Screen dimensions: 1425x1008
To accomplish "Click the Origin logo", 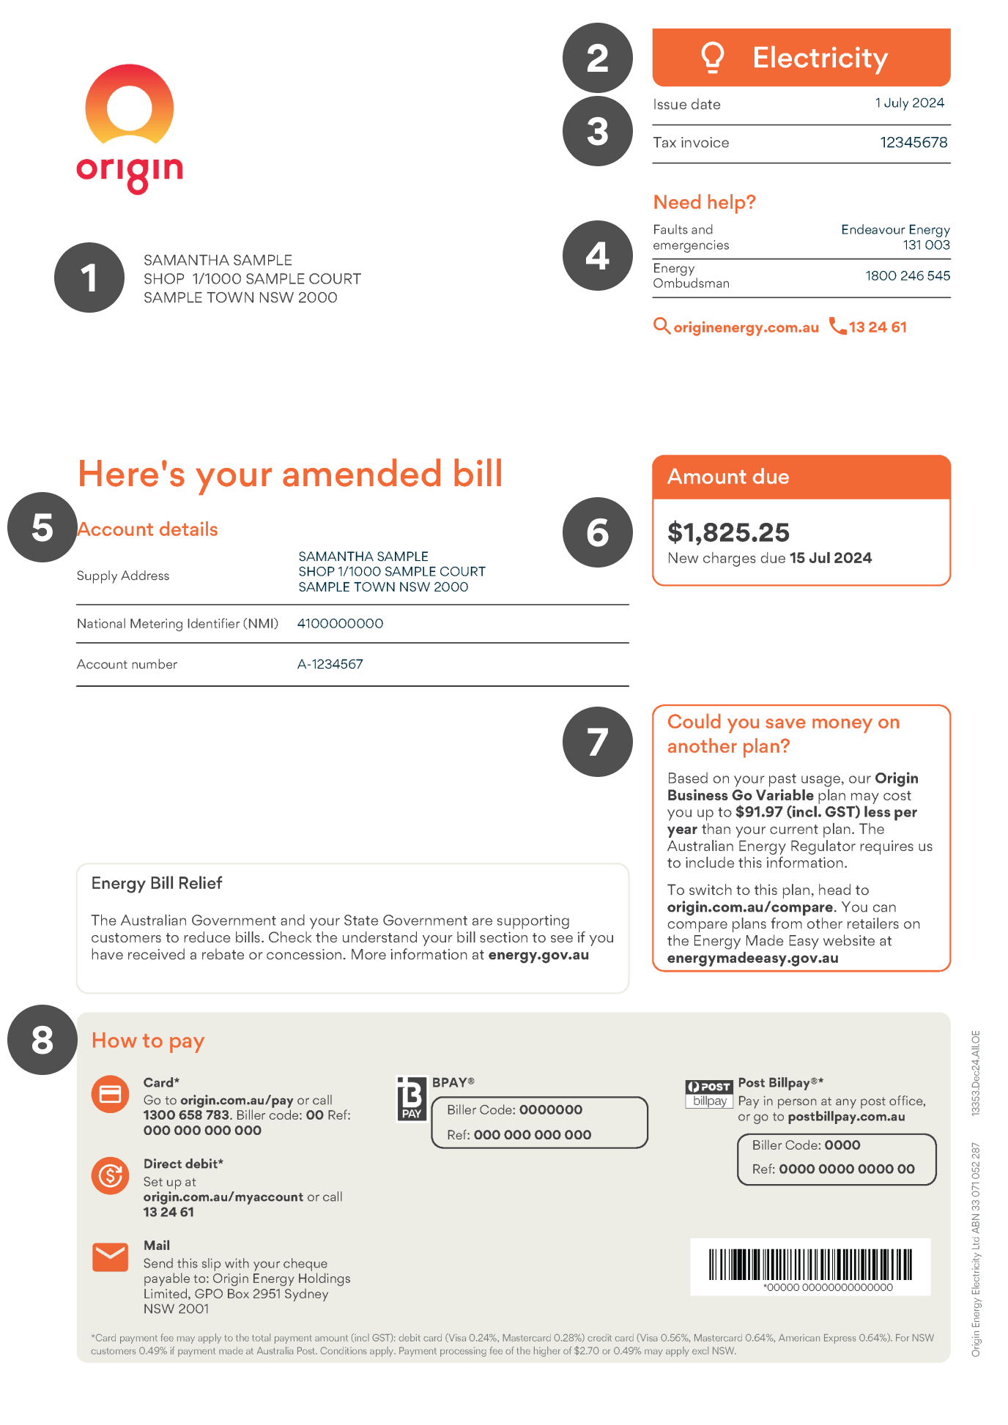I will pos(130,128).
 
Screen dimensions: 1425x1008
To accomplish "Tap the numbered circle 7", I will pos(597,741).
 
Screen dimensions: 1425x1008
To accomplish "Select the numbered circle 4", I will pos(597,256).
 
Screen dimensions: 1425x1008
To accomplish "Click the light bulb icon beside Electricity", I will pos(712,57).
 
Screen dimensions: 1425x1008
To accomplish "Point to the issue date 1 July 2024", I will pos(909,103).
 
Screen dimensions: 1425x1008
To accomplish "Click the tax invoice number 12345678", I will pos(913,142).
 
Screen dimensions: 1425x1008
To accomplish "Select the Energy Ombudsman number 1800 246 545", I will pos(907,275).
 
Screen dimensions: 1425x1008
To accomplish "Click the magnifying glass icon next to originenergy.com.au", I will pos(661,326).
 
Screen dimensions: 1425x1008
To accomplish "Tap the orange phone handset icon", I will pos(837,325).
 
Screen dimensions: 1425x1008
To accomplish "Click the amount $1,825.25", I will pos(728,532).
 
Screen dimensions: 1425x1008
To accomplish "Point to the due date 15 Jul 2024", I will pos(830,558).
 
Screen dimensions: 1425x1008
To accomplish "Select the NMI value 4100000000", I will pos(340,623).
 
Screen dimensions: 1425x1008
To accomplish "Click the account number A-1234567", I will pos(330,664).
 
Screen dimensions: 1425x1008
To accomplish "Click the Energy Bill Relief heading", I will pos(157,883).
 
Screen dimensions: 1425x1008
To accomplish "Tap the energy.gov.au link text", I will pos(538,955).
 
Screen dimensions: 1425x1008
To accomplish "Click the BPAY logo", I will pos(411,1099).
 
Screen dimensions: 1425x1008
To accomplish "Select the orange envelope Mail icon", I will pos(111,1257).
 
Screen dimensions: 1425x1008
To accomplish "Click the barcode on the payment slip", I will pos(810,1265).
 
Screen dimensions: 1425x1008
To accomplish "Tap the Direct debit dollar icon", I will pos(111,1175).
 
